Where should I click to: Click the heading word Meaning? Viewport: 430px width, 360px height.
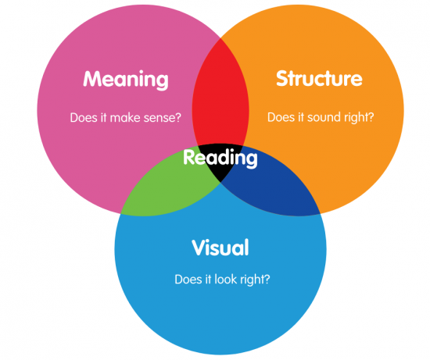126,80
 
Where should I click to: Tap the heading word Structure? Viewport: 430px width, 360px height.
319,79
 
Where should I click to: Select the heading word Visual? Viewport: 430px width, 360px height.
220,248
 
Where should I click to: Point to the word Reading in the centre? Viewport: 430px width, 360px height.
220,159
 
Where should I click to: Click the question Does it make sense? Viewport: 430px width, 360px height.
126,118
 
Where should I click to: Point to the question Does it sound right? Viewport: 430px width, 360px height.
321,118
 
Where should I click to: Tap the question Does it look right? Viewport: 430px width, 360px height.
223,280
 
